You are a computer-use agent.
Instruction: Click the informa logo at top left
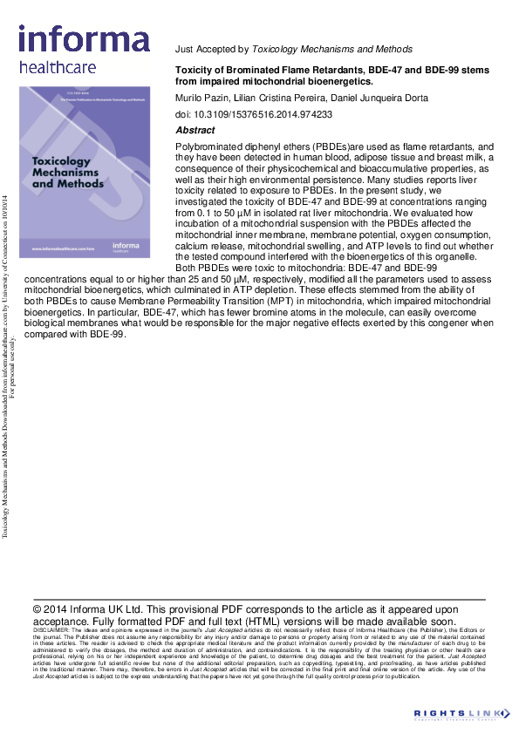pos(84,38)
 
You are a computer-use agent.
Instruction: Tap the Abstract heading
pos(195,129)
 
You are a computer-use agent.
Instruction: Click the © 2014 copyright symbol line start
pos(38,609)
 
